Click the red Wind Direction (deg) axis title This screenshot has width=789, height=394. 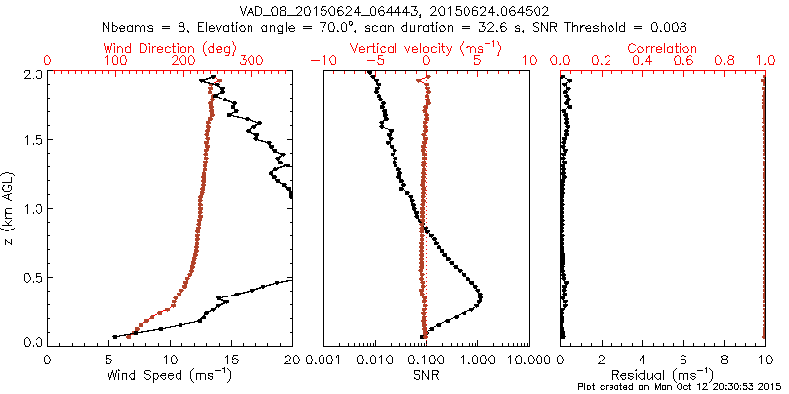170,48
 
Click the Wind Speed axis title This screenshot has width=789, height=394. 170,375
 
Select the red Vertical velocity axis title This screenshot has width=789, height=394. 426,48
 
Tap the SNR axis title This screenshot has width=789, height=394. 426,375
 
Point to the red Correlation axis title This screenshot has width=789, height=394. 663,48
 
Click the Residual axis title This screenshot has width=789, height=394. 663,375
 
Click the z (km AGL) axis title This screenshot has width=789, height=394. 11,208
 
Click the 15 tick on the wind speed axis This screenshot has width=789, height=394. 231,359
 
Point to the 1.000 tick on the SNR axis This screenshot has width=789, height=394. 477,359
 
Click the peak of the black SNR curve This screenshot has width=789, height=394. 480,295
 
